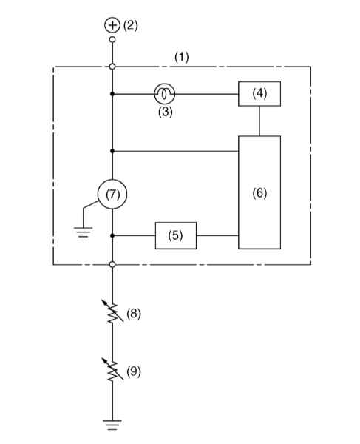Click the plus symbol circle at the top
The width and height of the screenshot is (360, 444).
112,25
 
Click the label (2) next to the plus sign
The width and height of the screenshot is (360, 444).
131,25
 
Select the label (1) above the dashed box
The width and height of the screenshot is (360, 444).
182,57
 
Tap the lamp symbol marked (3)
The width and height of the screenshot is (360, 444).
164,94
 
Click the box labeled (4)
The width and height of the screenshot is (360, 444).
259,94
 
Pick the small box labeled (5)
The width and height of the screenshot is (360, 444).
176,235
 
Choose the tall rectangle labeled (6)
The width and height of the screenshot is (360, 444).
259,192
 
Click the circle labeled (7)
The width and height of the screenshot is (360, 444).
112,194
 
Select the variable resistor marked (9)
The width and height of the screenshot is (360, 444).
112,369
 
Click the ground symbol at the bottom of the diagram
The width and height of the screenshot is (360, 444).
112,425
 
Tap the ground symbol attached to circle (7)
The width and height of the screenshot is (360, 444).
83,232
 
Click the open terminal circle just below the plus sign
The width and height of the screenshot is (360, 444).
112,40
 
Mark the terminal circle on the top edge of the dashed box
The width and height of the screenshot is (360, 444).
112,67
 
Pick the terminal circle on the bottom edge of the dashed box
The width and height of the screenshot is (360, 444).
112,265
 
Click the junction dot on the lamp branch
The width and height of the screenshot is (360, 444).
112,94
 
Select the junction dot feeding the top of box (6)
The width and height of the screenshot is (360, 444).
112,151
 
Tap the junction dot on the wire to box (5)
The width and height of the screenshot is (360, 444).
112,235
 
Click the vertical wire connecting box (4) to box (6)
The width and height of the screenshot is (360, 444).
259,121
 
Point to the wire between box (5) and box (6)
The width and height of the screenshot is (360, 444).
217,235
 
